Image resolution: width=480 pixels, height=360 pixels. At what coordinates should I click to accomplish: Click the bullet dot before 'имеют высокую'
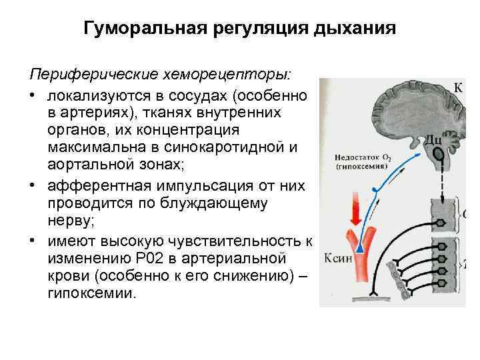33,222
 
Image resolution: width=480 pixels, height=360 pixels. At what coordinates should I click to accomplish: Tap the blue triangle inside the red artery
361,247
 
